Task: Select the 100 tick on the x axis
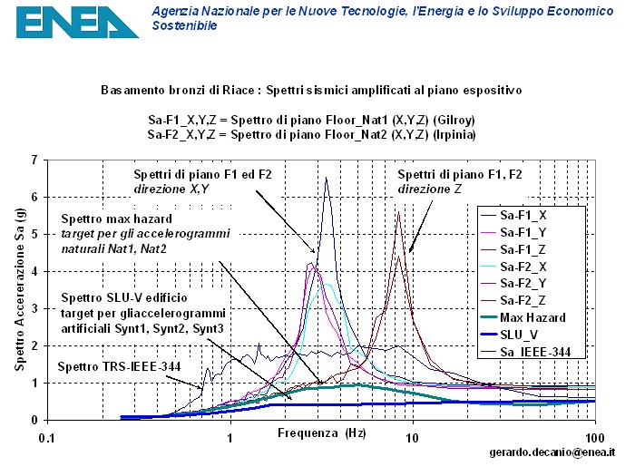click(x=595, y=438)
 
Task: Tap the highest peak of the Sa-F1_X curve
click(x=326, y=178)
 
